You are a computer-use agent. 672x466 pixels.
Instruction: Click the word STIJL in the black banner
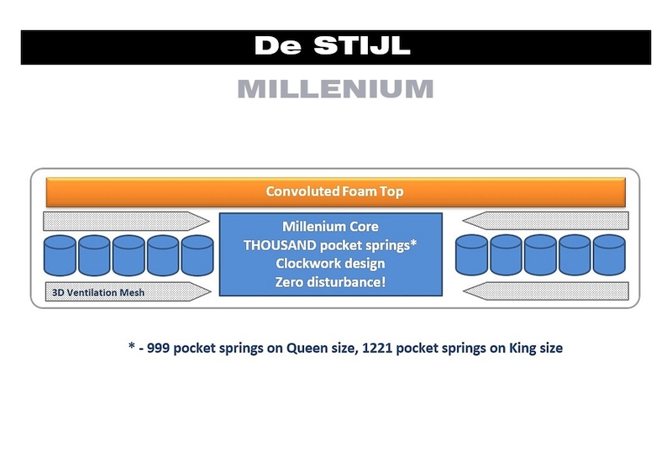pos(367,46)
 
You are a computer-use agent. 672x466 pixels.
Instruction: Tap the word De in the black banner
pos(278,46)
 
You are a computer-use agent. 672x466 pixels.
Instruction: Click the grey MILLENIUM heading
pos(335,89)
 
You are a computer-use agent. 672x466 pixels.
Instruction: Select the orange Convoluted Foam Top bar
pos(335,191)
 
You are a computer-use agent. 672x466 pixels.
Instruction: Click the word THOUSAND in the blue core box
pos(280,245)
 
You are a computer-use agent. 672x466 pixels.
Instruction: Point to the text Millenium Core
pos(330,227)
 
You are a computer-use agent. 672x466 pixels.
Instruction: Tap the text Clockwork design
pos(330,264)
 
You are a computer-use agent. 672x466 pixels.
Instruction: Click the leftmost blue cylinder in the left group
pos(60,254)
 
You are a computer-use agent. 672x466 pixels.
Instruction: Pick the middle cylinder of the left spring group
pos(129,254)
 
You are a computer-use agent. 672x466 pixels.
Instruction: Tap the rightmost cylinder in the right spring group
pos(610,254)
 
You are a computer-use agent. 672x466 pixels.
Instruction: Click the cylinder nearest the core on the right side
pos(472,254)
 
